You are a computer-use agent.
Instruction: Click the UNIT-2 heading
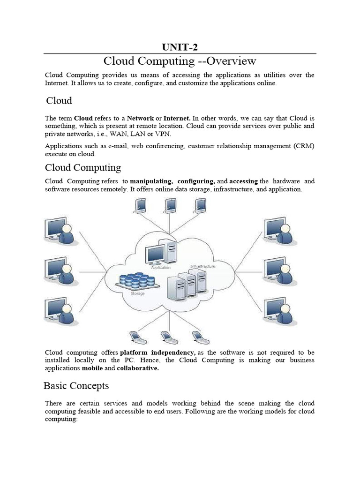pos(180,46)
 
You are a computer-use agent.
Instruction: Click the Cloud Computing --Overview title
pos(180,61)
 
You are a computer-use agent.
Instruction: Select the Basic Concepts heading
pos(76,386)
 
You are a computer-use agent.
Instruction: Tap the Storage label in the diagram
pos(137,293)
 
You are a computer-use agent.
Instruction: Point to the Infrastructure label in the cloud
pos(202,266)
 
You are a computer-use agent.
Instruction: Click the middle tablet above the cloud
pos(170,205)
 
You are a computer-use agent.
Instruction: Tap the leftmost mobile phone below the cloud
pos(135,337)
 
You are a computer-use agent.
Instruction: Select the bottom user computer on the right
pos(279,310)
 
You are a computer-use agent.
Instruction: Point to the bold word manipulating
pos(151,181)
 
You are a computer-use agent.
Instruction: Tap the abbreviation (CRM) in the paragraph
pos(304,146)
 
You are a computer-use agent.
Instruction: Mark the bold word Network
pos(140,118)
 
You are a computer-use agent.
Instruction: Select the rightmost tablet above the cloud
pos(201,205)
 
